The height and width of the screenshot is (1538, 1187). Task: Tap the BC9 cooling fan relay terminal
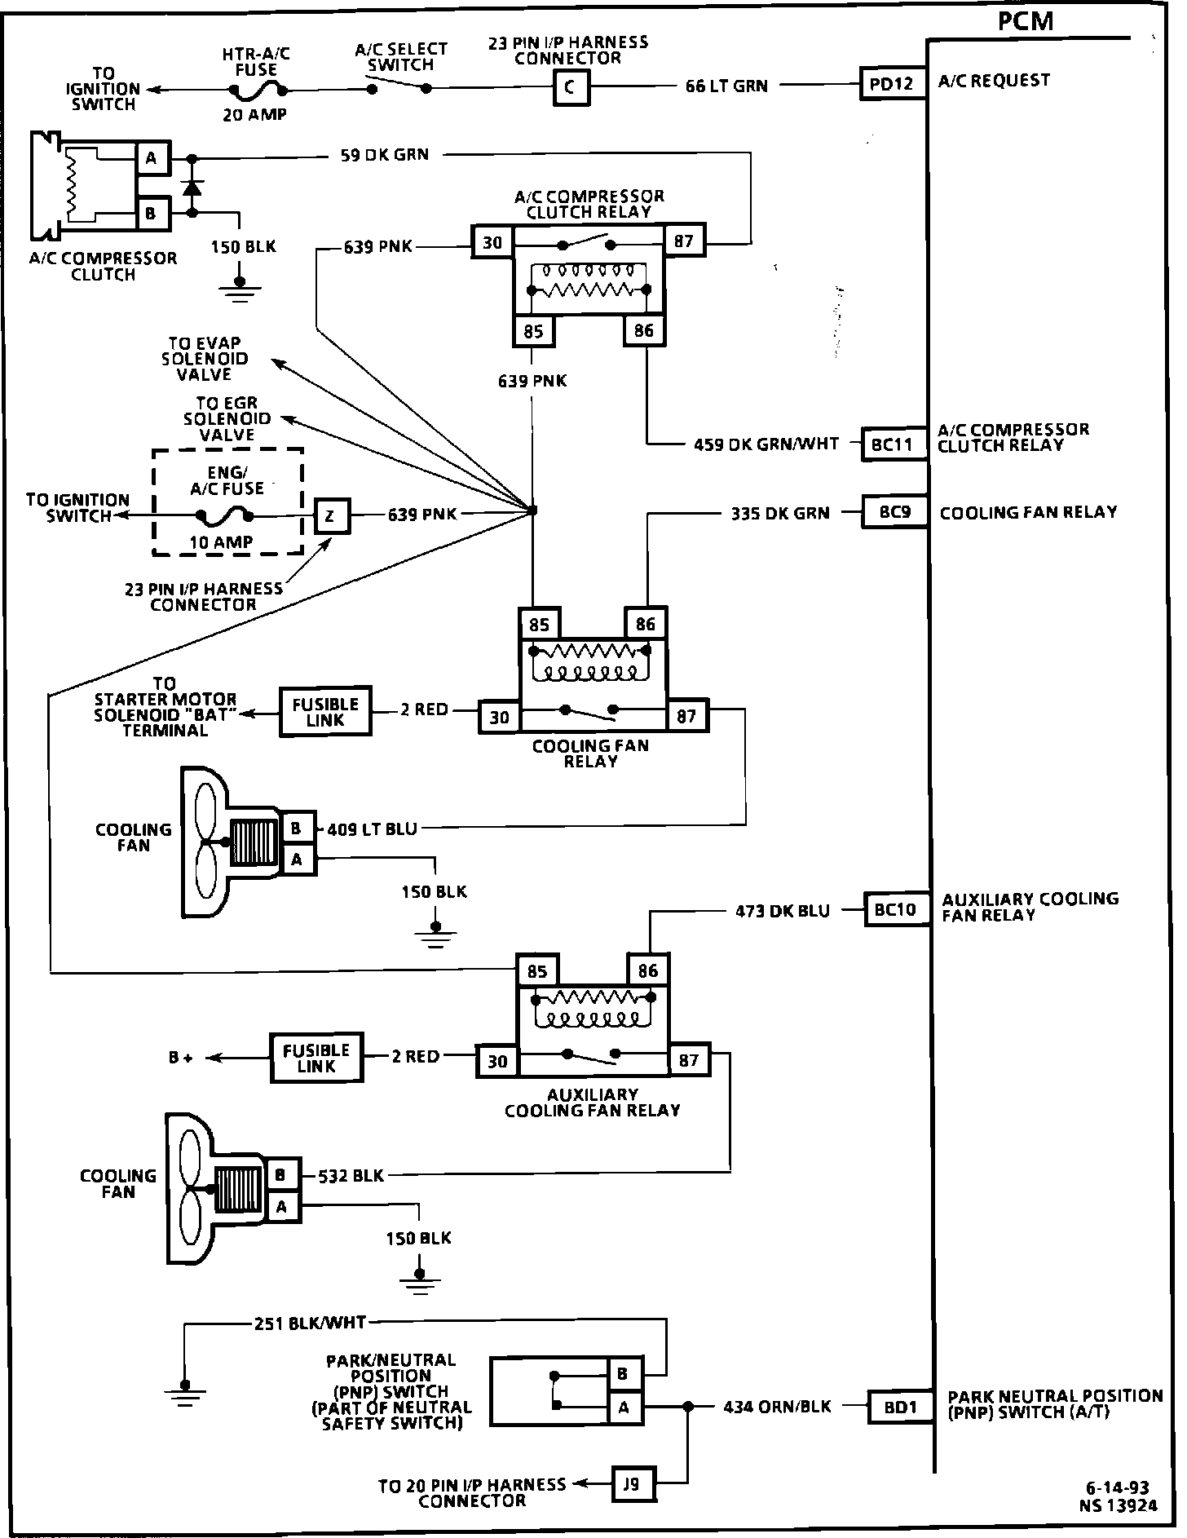(x=894, y=513)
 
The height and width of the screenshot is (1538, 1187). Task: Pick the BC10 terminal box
(x=896, y=909)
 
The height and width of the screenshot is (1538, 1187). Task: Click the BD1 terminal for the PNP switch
(x=900, y=1407)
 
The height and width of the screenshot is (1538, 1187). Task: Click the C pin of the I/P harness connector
(x=570, y=87)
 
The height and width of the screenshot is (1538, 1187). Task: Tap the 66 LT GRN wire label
(x=726, y=86)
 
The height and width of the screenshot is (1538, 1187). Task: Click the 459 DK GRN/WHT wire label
(x=766, y=444)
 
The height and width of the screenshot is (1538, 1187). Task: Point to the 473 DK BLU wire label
(x=782, y=911)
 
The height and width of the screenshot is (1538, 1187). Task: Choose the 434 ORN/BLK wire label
(x=777, y=1407)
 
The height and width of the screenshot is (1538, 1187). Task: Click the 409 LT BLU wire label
(x=372, y=829)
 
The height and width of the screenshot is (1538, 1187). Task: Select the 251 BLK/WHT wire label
(x=311, y=1324)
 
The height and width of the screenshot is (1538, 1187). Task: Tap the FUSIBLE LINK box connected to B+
(x=316, y=1058)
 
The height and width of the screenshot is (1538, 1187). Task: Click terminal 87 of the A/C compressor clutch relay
(x=683, y=241)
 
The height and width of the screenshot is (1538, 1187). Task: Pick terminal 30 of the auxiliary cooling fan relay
(x=497, y=1061)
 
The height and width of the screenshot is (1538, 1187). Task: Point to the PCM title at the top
(x=1026, y=20)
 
